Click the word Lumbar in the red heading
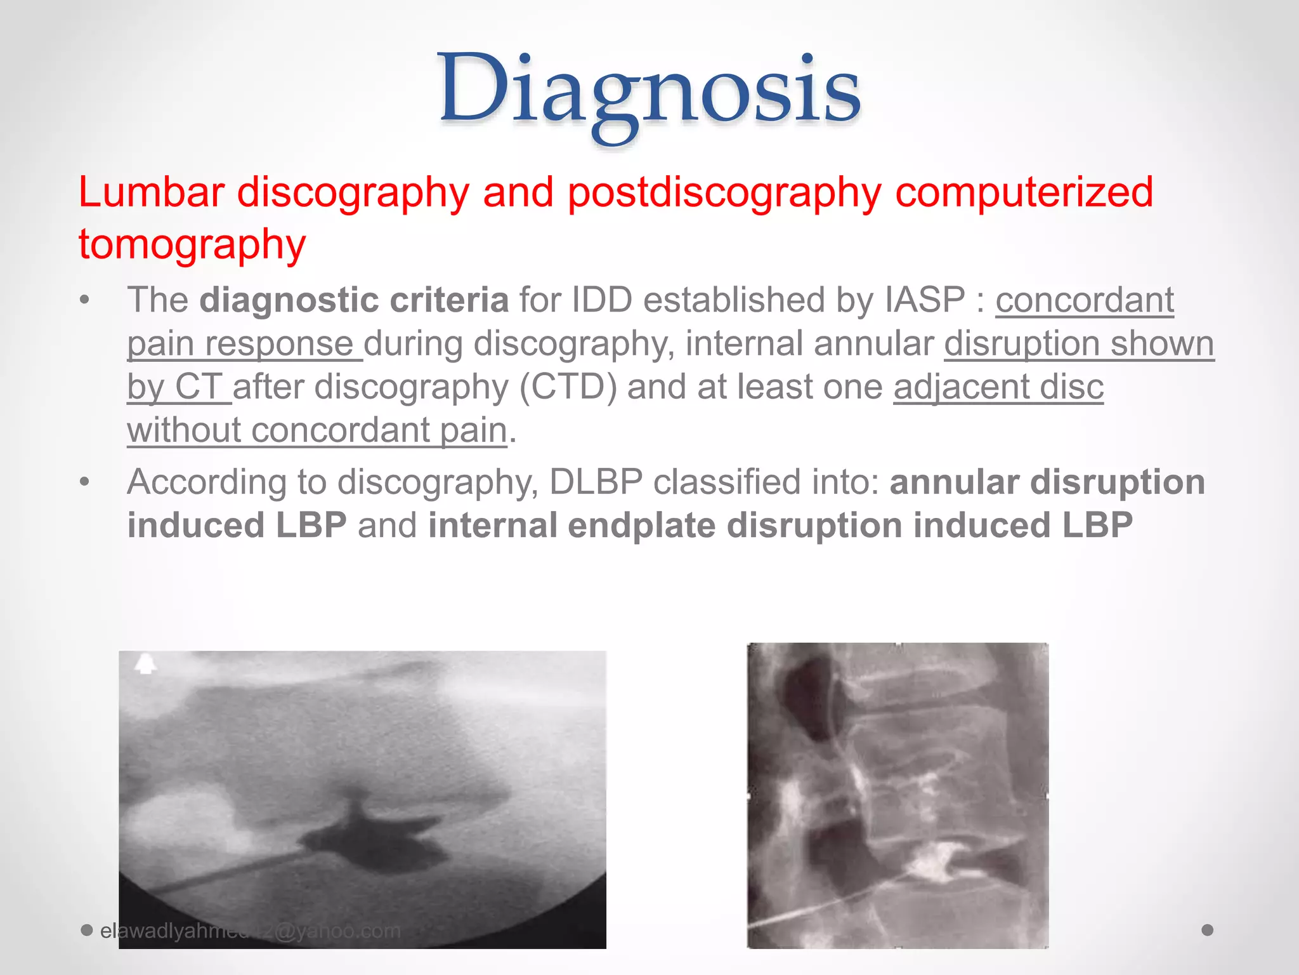pos(151,192)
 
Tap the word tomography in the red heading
pos(192,244)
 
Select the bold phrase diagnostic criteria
pos(354,300)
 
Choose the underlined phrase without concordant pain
pos(317,431)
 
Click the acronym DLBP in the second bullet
pos(596,482)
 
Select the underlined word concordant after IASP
pos(1085,300)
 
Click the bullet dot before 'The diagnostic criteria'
pos(85,300)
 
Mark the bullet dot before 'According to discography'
pos(85,482)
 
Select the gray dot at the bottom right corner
pos(1208,930)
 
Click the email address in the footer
pos(251,931)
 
